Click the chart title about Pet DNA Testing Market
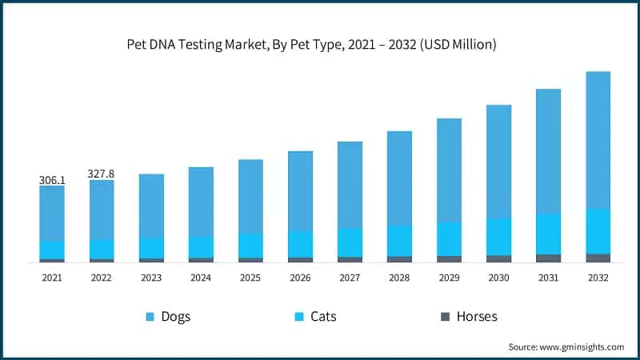point(312,45)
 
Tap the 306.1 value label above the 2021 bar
point(52,181)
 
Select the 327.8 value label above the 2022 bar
point(102,174)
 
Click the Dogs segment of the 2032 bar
point(598,140)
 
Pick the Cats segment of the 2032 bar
point(598,231)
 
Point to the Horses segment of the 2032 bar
point(598,258)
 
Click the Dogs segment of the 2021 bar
point(52,213)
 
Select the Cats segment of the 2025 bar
point(250,246)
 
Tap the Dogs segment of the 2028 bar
point(399,178)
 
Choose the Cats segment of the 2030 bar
point(498,237)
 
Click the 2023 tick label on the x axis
point(151,278)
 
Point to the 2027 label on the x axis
point(350,278)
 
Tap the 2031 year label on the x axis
point(548,278)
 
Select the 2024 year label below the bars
point(201,278)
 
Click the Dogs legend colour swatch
point(150,317)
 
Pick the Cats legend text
point(323,316)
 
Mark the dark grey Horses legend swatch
point(444,317)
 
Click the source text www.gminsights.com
point(566,346)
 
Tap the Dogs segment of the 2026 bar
point(300,191)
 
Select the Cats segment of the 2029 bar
point(449,238)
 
